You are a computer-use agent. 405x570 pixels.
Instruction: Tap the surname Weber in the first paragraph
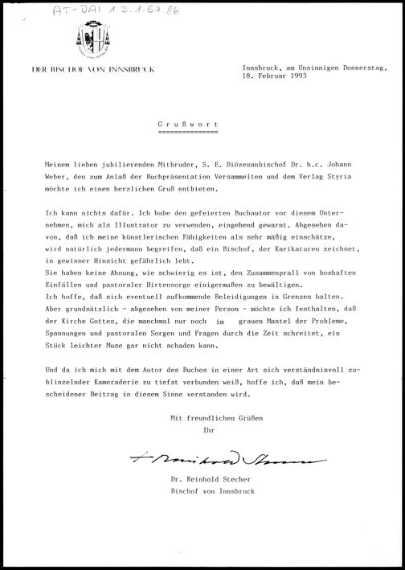[x=57, y=174]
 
